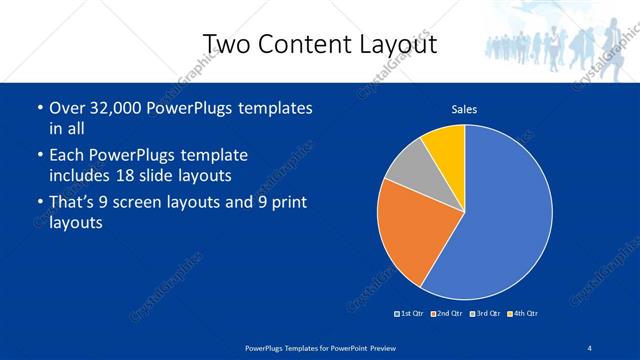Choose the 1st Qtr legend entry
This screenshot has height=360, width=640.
click(x=411, y=314)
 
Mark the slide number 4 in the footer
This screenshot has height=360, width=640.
click(x=589, y=347)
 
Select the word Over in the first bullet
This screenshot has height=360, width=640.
click(x=67, y=107)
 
